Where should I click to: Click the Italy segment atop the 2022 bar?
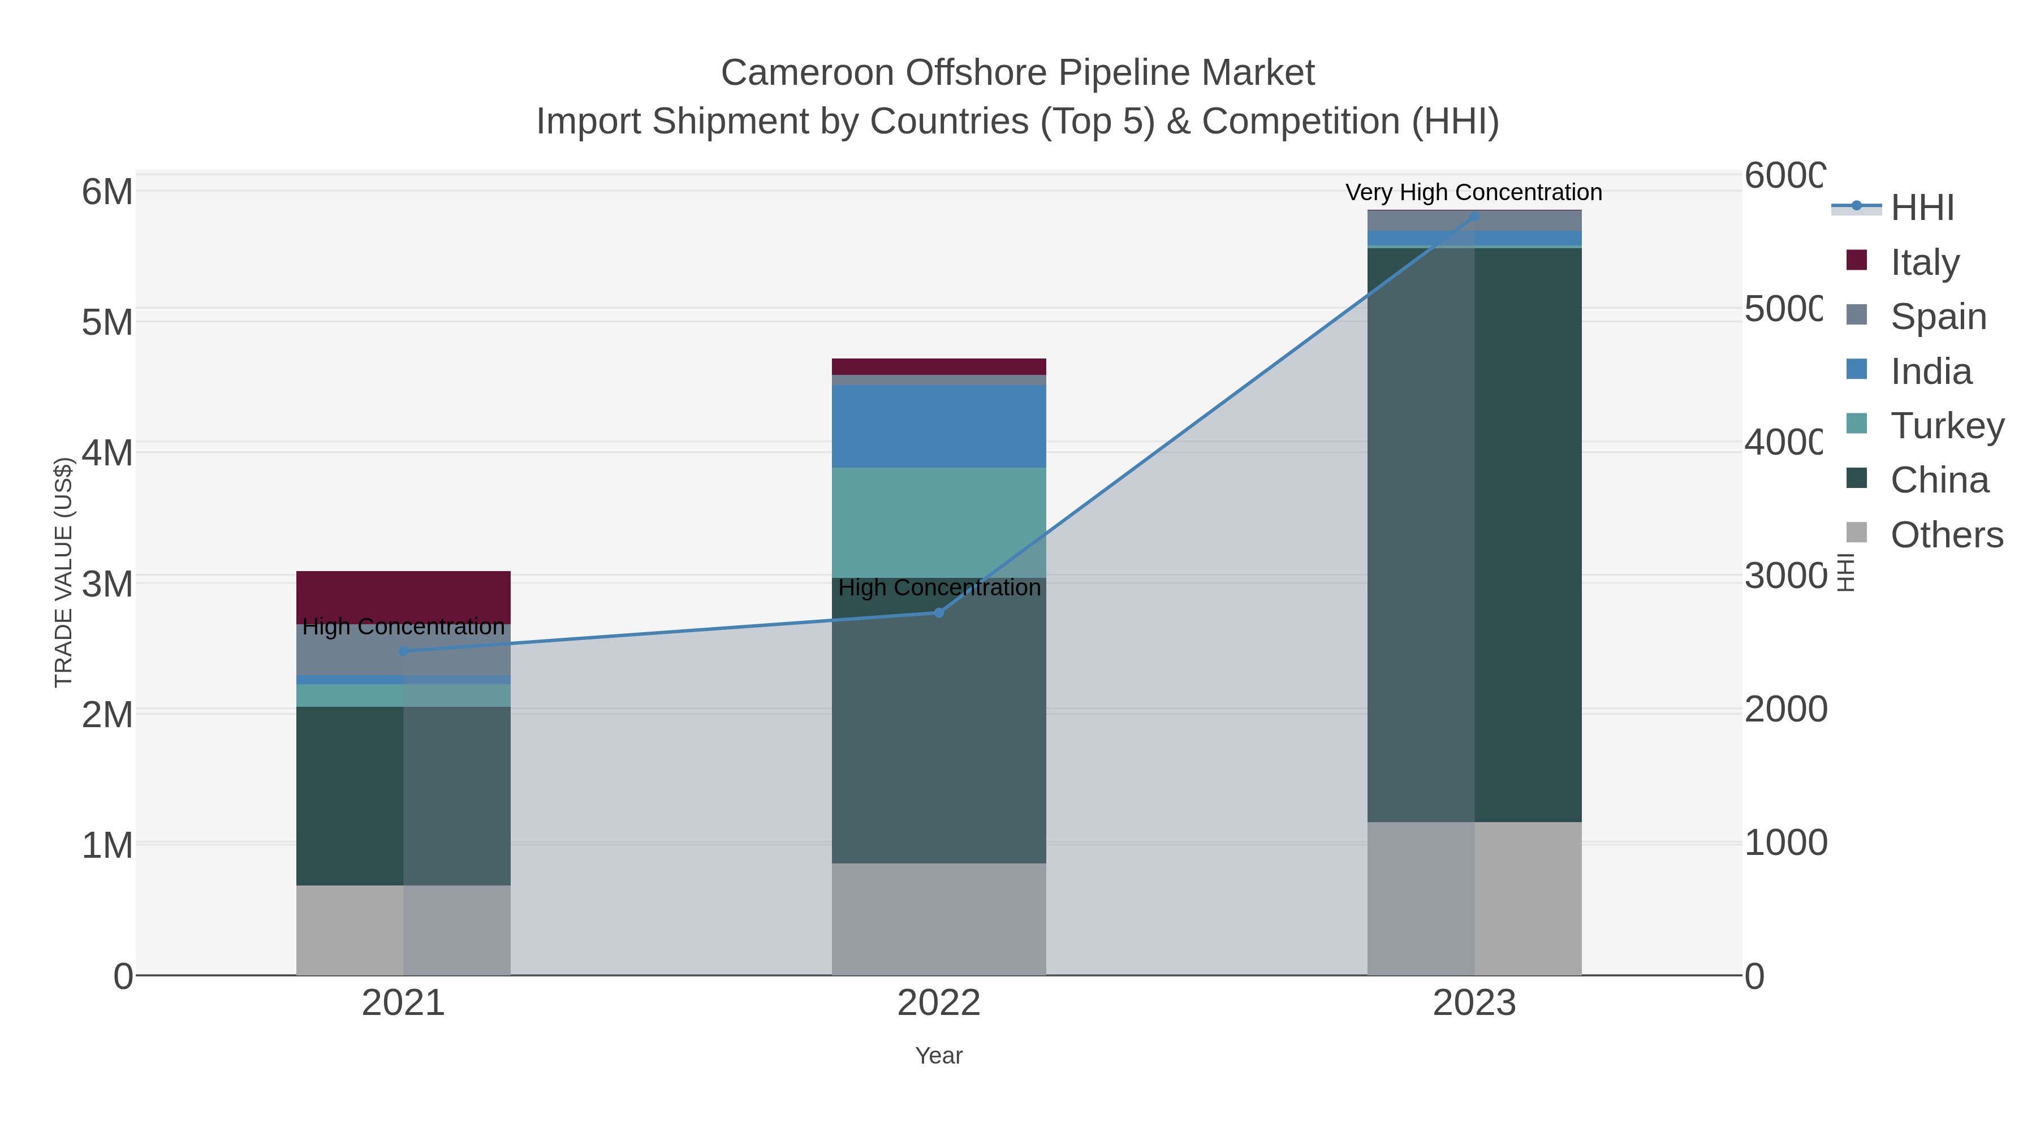(x=938, y=366)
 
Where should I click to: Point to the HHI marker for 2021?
(x=404, y=651)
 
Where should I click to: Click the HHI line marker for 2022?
(x=939, y=612)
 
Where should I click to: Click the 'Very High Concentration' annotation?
(x=1473, y=192)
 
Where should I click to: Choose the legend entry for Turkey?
(x=1947, y=425)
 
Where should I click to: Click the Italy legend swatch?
(x=1857, y=260)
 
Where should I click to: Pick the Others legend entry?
(x=1946, y=535)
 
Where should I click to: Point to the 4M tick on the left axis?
(x=107, y=453)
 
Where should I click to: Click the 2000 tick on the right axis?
(x=1785, y=710)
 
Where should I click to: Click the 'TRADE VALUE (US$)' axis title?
(x=63, y=572)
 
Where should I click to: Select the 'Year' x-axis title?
(x=938, y=1056)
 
